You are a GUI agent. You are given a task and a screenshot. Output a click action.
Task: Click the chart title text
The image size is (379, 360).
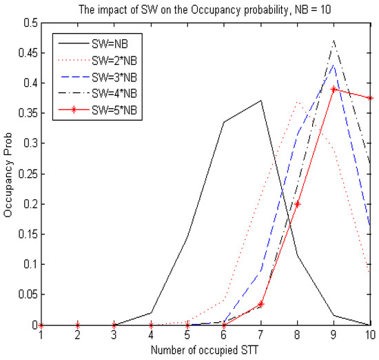[205, 8]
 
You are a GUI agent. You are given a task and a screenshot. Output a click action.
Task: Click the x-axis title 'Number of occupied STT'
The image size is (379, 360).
[205, 350]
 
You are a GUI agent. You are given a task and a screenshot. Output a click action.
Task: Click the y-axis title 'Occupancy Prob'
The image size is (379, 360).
[8, 174]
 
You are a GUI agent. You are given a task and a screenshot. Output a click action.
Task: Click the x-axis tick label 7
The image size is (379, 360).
[260, 335]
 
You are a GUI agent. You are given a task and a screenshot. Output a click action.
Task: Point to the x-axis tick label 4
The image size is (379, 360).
[151, 335]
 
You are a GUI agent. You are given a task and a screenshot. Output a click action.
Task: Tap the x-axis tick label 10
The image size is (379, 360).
[369, 335]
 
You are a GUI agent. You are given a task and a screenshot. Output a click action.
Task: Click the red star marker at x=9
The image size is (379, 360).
[334, 90]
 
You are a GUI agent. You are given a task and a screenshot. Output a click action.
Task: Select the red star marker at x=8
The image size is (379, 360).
[297, 204]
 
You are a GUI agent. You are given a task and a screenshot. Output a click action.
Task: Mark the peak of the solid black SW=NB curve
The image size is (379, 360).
[260, 101]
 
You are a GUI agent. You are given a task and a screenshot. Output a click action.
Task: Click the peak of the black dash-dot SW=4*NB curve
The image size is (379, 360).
[334, 41]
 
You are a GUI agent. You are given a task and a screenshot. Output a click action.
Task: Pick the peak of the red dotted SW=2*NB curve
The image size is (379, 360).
[297, 101]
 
